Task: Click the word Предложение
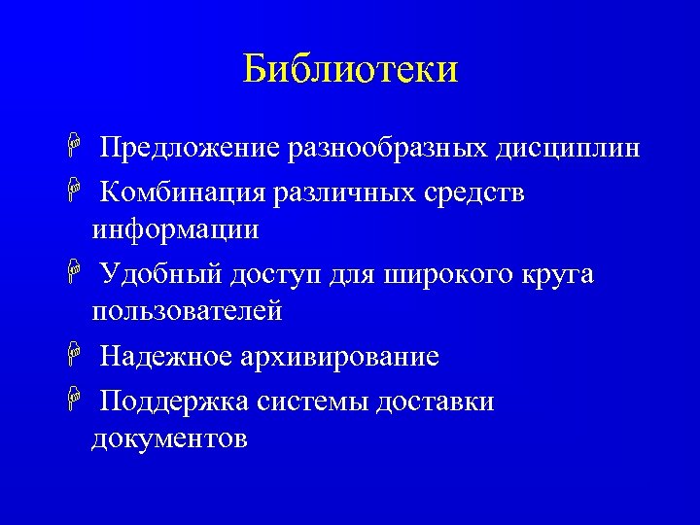191,149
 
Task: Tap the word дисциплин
568,149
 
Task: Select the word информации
175,230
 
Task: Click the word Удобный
162,275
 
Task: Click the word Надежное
165,357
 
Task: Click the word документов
169,438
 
